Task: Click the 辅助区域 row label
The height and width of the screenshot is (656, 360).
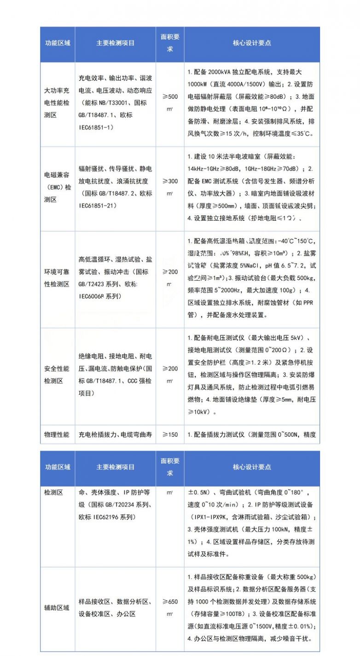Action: [57, 608]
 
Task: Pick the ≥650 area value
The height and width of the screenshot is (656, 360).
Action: [170, 602]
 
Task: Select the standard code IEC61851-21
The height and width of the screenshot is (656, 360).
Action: [96, 205]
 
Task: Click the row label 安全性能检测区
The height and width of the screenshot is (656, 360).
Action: [57, 375]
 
